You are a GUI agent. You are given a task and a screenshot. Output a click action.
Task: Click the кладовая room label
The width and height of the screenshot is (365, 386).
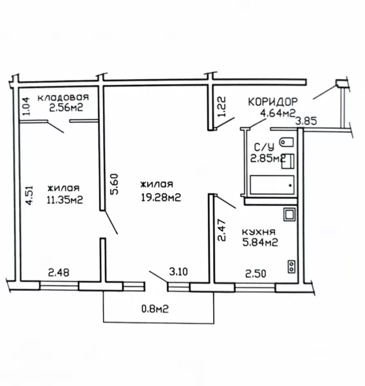[x=63, y=97]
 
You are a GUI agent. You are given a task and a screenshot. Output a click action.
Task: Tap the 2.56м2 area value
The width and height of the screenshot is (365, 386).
[x=66, y=107]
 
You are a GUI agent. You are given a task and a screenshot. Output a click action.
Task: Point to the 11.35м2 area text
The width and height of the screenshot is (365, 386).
[x=65, y=199]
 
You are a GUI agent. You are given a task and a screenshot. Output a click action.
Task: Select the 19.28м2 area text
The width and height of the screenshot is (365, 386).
[x=161, y=197]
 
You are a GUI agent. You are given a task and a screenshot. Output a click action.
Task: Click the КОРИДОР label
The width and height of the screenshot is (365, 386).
[x=273, y=102]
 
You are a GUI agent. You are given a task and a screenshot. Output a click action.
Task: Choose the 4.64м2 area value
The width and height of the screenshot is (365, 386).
[x=278, y=113]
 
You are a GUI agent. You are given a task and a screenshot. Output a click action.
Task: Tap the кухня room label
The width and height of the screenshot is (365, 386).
[x=259, y=232]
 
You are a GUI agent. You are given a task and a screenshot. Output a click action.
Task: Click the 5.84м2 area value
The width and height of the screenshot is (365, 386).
[x=260, y=243]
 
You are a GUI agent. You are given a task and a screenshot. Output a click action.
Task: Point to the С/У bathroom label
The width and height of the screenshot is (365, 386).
[x=264, y=147]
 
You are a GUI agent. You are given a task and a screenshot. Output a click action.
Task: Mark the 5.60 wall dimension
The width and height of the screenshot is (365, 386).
[x=115, y=184]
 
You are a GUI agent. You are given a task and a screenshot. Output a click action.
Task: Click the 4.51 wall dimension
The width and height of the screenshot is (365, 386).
[x=29, y=195]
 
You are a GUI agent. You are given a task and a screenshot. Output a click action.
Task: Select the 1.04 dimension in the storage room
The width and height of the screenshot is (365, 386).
[x=26, y=106]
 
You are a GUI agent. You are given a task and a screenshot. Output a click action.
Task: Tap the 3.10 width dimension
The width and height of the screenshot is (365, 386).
[x=178, y=271]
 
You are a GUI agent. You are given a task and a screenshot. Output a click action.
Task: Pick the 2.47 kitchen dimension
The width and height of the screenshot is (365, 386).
[x=221, y=230]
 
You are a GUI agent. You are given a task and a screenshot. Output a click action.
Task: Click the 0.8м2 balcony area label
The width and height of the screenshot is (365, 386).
[x=155, y=308]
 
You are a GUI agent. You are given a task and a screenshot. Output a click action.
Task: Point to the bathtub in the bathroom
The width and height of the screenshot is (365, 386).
[x=272, y=185]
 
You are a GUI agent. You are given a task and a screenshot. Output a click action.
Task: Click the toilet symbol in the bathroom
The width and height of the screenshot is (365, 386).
[x=286, y=142]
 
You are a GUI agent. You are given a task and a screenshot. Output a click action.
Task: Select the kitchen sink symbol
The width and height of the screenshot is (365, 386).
[x=290, y=214]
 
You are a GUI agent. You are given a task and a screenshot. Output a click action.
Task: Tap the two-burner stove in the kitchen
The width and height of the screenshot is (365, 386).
[x=292, y=266]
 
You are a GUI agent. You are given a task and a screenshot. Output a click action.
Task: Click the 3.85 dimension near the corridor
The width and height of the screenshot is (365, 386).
[x=306, y=122]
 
